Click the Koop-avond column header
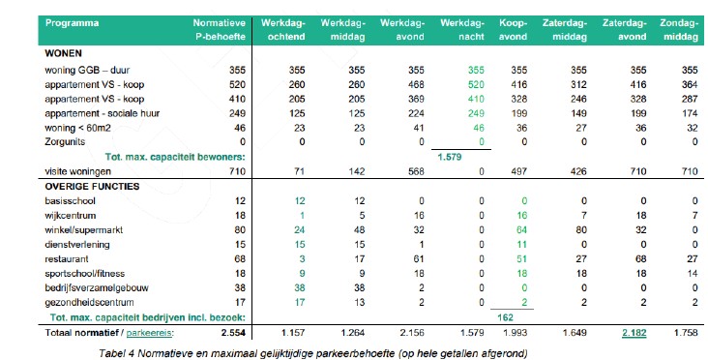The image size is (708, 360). [513, 30]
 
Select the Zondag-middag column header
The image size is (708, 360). [679, 30]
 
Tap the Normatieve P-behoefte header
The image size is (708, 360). [220, 30]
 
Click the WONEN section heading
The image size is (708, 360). [63, 53]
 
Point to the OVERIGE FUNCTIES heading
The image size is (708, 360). [92, 187]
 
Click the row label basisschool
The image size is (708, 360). [70, 201]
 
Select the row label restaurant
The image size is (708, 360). [67, 259]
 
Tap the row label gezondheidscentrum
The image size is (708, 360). [89, 302]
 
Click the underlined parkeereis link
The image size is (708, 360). [149, 333]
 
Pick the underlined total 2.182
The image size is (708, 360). [634, 333]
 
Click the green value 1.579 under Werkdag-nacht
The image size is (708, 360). [450, 157]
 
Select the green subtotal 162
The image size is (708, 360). [505, 317]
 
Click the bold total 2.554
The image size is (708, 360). [233, 333]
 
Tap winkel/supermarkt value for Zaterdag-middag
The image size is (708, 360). [581, 230]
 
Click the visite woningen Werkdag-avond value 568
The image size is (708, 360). [416, 171]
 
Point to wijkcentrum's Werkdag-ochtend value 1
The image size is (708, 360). [302, 216]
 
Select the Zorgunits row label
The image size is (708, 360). [65, 142]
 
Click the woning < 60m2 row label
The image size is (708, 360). [77, 129]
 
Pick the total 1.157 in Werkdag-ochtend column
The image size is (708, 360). [293, 333]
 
